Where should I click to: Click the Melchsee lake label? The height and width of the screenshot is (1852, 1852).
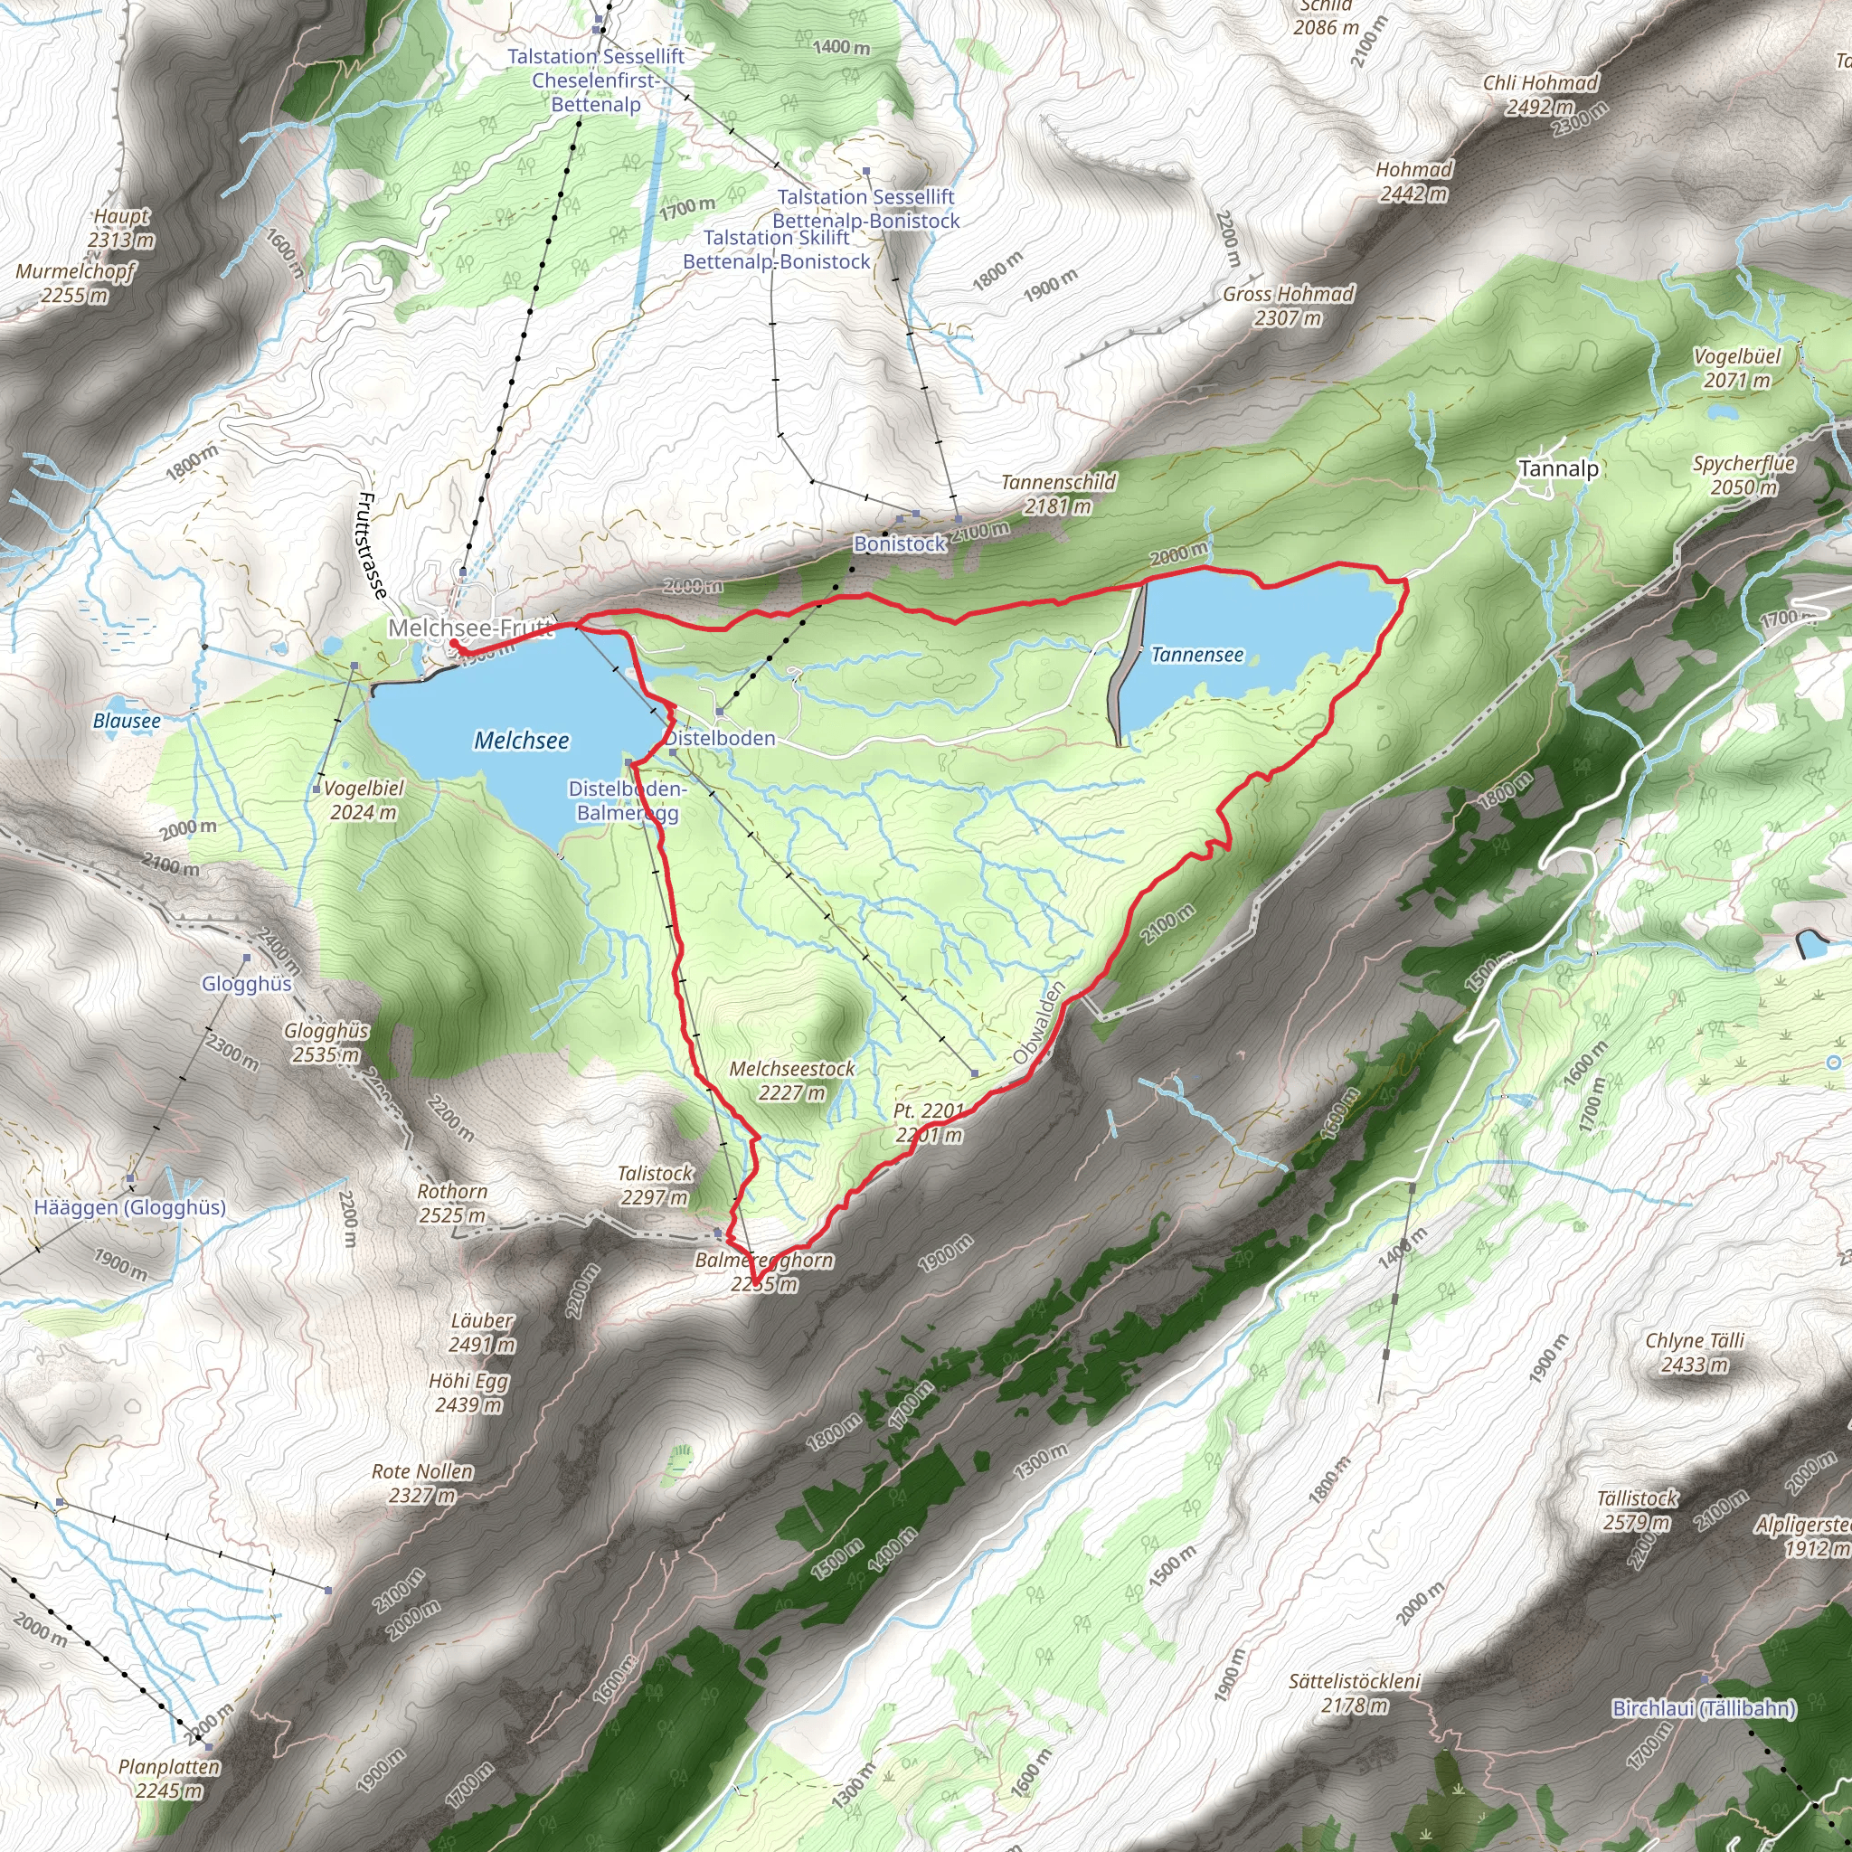(522, 740)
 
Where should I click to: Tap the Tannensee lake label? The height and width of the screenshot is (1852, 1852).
(1197, 655)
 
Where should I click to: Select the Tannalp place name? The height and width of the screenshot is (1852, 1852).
(1559, 468)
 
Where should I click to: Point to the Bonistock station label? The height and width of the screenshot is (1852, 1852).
(900, 543)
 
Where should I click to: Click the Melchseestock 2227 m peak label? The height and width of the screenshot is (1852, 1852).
(792, 1081)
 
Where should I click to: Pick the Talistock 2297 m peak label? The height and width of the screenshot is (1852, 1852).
(655, 1185)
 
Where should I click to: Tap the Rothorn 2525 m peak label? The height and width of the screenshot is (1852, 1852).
(452, 1203)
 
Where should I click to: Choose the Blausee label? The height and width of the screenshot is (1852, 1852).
(127, 721)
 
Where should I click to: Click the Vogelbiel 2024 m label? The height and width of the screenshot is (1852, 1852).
(364, 800)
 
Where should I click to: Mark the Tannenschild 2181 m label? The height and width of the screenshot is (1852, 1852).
(1058, 494)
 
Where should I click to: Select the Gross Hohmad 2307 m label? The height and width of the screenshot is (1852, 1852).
(1289, 306)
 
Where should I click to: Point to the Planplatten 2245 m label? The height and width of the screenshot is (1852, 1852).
(170, 1778)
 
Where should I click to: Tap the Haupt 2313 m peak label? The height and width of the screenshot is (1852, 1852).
(122, 228)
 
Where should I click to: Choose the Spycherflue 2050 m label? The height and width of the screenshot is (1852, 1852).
(1743, 475)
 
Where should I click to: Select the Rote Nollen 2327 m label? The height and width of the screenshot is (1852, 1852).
(422, 1483)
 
